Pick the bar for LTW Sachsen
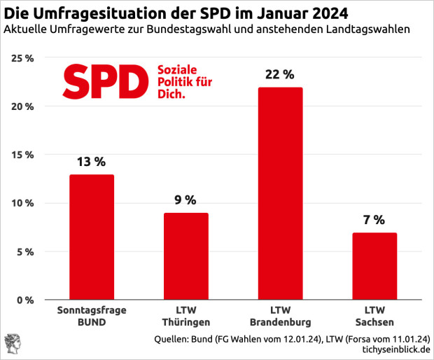coord(374,266)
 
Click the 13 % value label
coord(92,162)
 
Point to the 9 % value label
coord(186,200)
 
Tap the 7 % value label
coord(374,220)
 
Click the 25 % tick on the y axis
coord(23,58)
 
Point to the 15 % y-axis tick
coord(23,155)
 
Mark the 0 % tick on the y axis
coord(25,300)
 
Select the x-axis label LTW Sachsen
coord(374,316)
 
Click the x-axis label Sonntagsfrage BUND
coord(92,316)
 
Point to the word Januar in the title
coord(276,13)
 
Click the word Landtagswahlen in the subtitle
coord(370,29)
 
